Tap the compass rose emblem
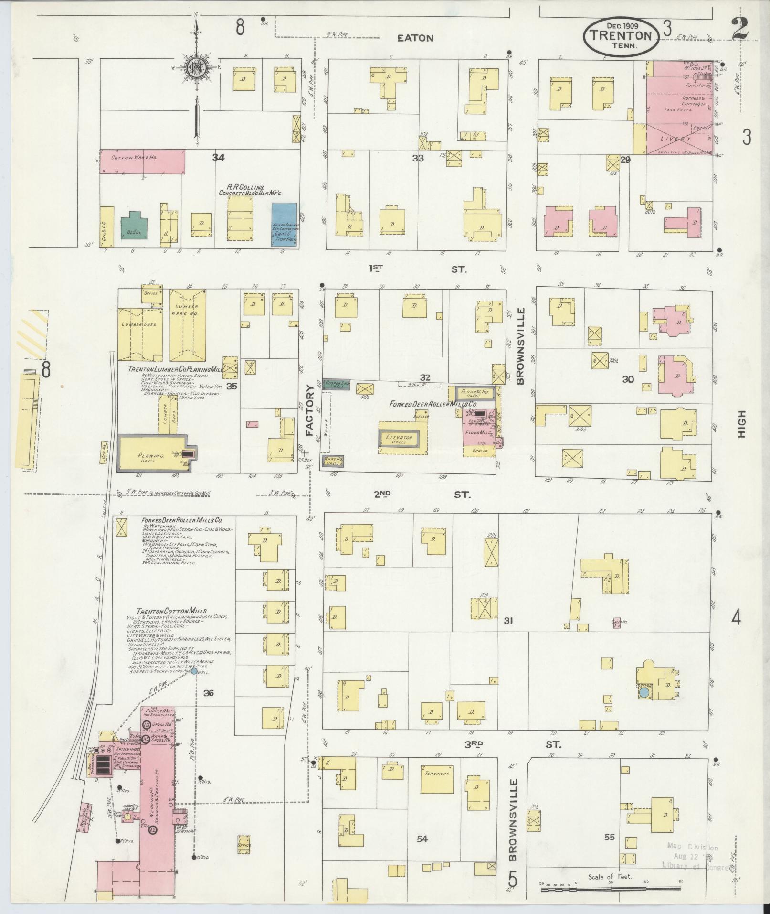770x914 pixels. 196,66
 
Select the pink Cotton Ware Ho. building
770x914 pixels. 142,158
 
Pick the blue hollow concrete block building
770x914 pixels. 285,225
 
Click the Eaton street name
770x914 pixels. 415,38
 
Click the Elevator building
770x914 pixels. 400,437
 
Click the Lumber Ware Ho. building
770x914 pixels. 188,325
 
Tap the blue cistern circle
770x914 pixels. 643,692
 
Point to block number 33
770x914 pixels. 418,159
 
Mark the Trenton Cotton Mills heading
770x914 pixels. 171,611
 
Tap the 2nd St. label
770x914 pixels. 422,495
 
